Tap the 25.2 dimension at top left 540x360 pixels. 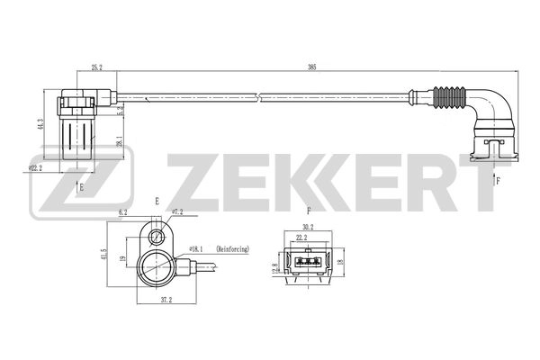96,67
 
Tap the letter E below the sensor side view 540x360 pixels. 82,187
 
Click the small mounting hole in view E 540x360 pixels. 158,238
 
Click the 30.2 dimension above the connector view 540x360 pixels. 309,228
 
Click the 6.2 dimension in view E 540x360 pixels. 123,213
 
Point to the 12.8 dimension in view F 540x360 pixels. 274,266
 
